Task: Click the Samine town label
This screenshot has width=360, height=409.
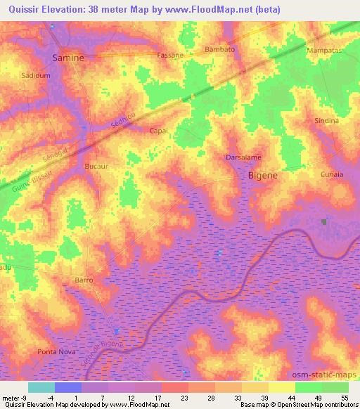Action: pos(70,58)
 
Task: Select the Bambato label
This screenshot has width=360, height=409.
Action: pos(219,50)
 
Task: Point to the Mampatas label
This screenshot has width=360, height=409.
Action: pos(323,51)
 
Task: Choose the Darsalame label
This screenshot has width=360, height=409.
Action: pos(243,157)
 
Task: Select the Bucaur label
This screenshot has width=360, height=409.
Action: pos(96,167)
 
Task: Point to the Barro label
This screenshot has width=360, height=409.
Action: pos(84,280)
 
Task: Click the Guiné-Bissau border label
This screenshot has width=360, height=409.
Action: pos(31,181)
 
